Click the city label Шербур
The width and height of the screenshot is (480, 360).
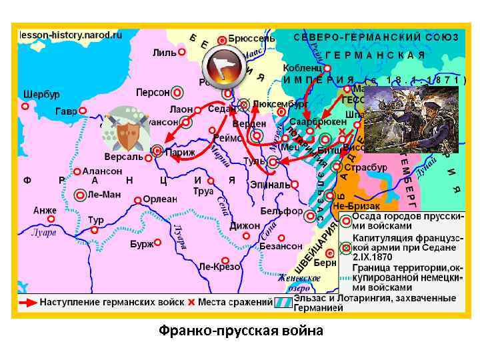tap(41, 93)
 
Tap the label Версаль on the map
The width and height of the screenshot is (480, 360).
tap(123, 157)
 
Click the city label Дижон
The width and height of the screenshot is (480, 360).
tap(245, 226)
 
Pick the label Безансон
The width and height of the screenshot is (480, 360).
tap(281, 246)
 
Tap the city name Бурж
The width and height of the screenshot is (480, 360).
tap(141, 244)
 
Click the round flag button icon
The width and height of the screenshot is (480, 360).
tap(224, 64)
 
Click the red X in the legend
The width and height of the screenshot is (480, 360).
tap(191, 302)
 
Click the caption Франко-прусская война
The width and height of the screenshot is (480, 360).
tap(241, 331)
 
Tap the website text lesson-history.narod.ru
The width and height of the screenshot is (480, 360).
tap(69, 34)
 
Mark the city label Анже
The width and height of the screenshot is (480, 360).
tap(45, 211)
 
